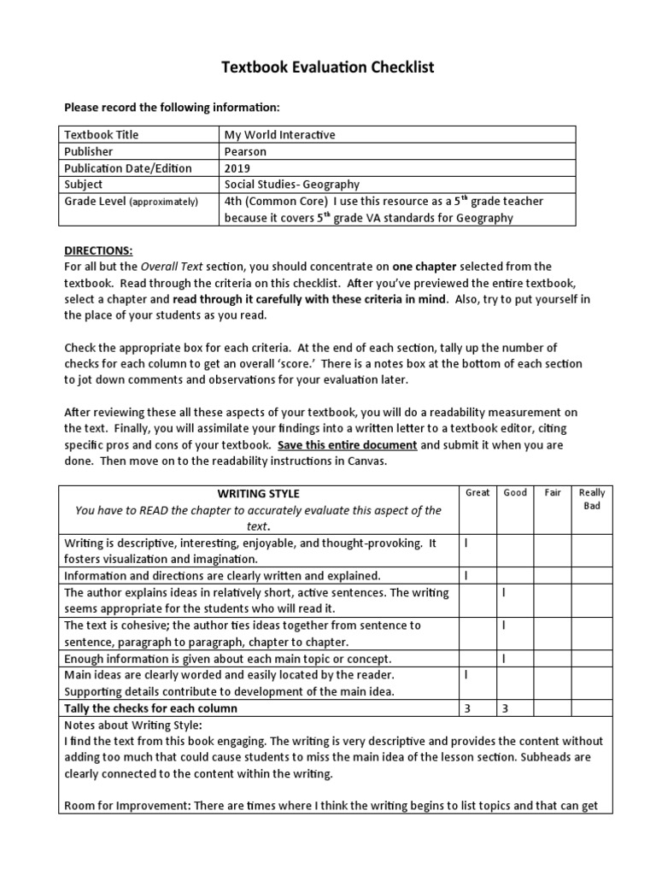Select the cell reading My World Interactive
(279, 134)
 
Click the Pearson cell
(245, 151)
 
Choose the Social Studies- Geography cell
(292, 185)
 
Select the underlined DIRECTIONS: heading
(98, 250)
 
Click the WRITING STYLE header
(258, 494)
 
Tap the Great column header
(477, 493)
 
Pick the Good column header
(515, 493)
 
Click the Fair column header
(553, 493)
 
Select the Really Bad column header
(591, 499)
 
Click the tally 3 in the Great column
(467, 708)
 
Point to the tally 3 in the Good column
(505, 708)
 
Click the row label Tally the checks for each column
(151, 708)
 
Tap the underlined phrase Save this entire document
(347, 445)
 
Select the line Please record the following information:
(173, 108)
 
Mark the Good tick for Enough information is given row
(504, 659)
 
